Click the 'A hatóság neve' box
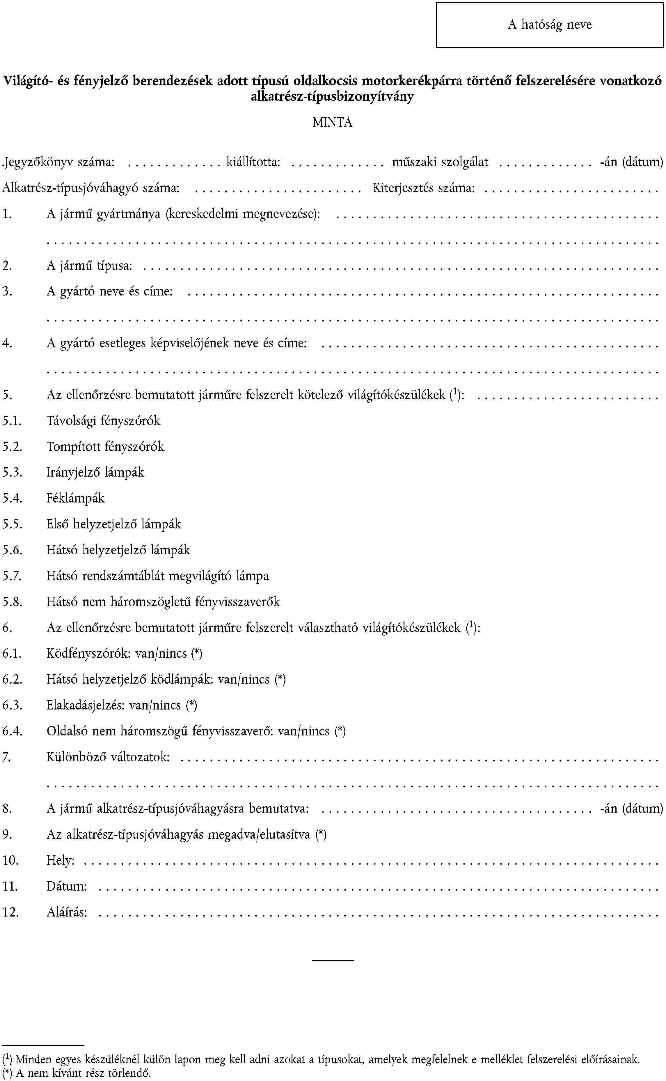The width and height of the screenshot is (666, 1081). (x=549, y=25)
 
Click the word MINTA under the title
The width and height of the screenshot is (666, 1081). (x=333, y=122)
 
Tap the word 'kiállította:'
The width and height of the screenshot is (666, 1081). (x=253, y=162)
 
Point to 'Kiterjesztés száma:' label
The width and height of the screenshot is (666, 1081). (x=424, y=188)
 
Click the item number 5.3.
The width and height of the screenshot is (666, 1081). (x=12, y=473)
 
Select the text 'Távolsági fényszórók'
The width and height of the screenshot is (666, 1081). (x=104, y=421)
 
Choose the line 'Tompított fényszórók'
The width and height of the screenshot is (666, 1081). (x=105, y=447)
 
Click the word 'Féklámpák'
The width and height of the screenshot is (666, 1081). (x=76, y=498)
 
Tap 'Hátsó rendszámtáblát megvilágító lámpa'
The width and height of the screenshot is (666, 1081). (x=158, y=576)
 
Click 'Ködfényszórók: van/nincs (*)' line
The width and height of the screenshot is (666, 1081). (x=125, y=654)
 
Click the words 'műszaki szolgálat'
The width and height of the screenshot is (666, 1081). (x=440, y=162)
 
